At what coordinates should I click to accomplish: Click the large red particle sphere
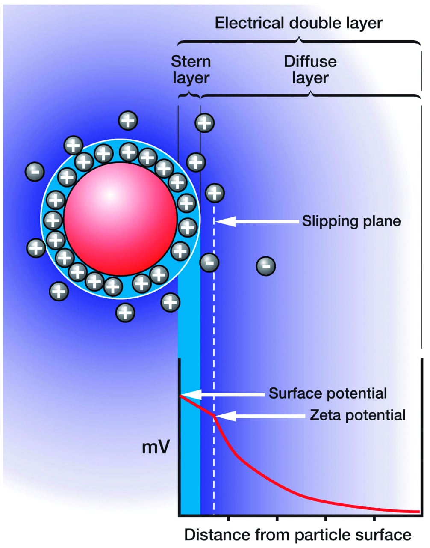tap(120, 219)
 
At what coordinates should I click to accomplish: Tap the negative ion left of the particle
tap(35, 172)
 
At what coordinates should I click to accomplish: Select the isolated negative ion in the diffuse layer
tap(265, 266)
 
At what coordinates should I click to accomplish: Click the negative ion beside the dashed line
tap(209, 262)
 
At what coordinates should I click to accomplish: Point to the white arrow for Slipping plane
tap(256, 221)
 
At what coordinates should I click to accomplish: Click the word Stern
tap(191, 61)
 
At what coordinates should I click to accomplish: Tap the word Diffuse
tap(310, 61)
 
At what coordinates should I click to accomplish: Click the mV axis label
tap(156, 447)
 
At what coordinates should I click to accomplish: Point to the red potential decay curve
tap(274, 482)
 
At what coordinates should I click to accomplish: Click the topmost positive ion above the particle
tap(128, 121)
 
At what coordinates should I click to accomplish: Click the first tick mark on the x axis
tap(229, 519)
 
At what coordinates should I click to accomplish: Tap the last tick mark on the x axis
tap(375, 519)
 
